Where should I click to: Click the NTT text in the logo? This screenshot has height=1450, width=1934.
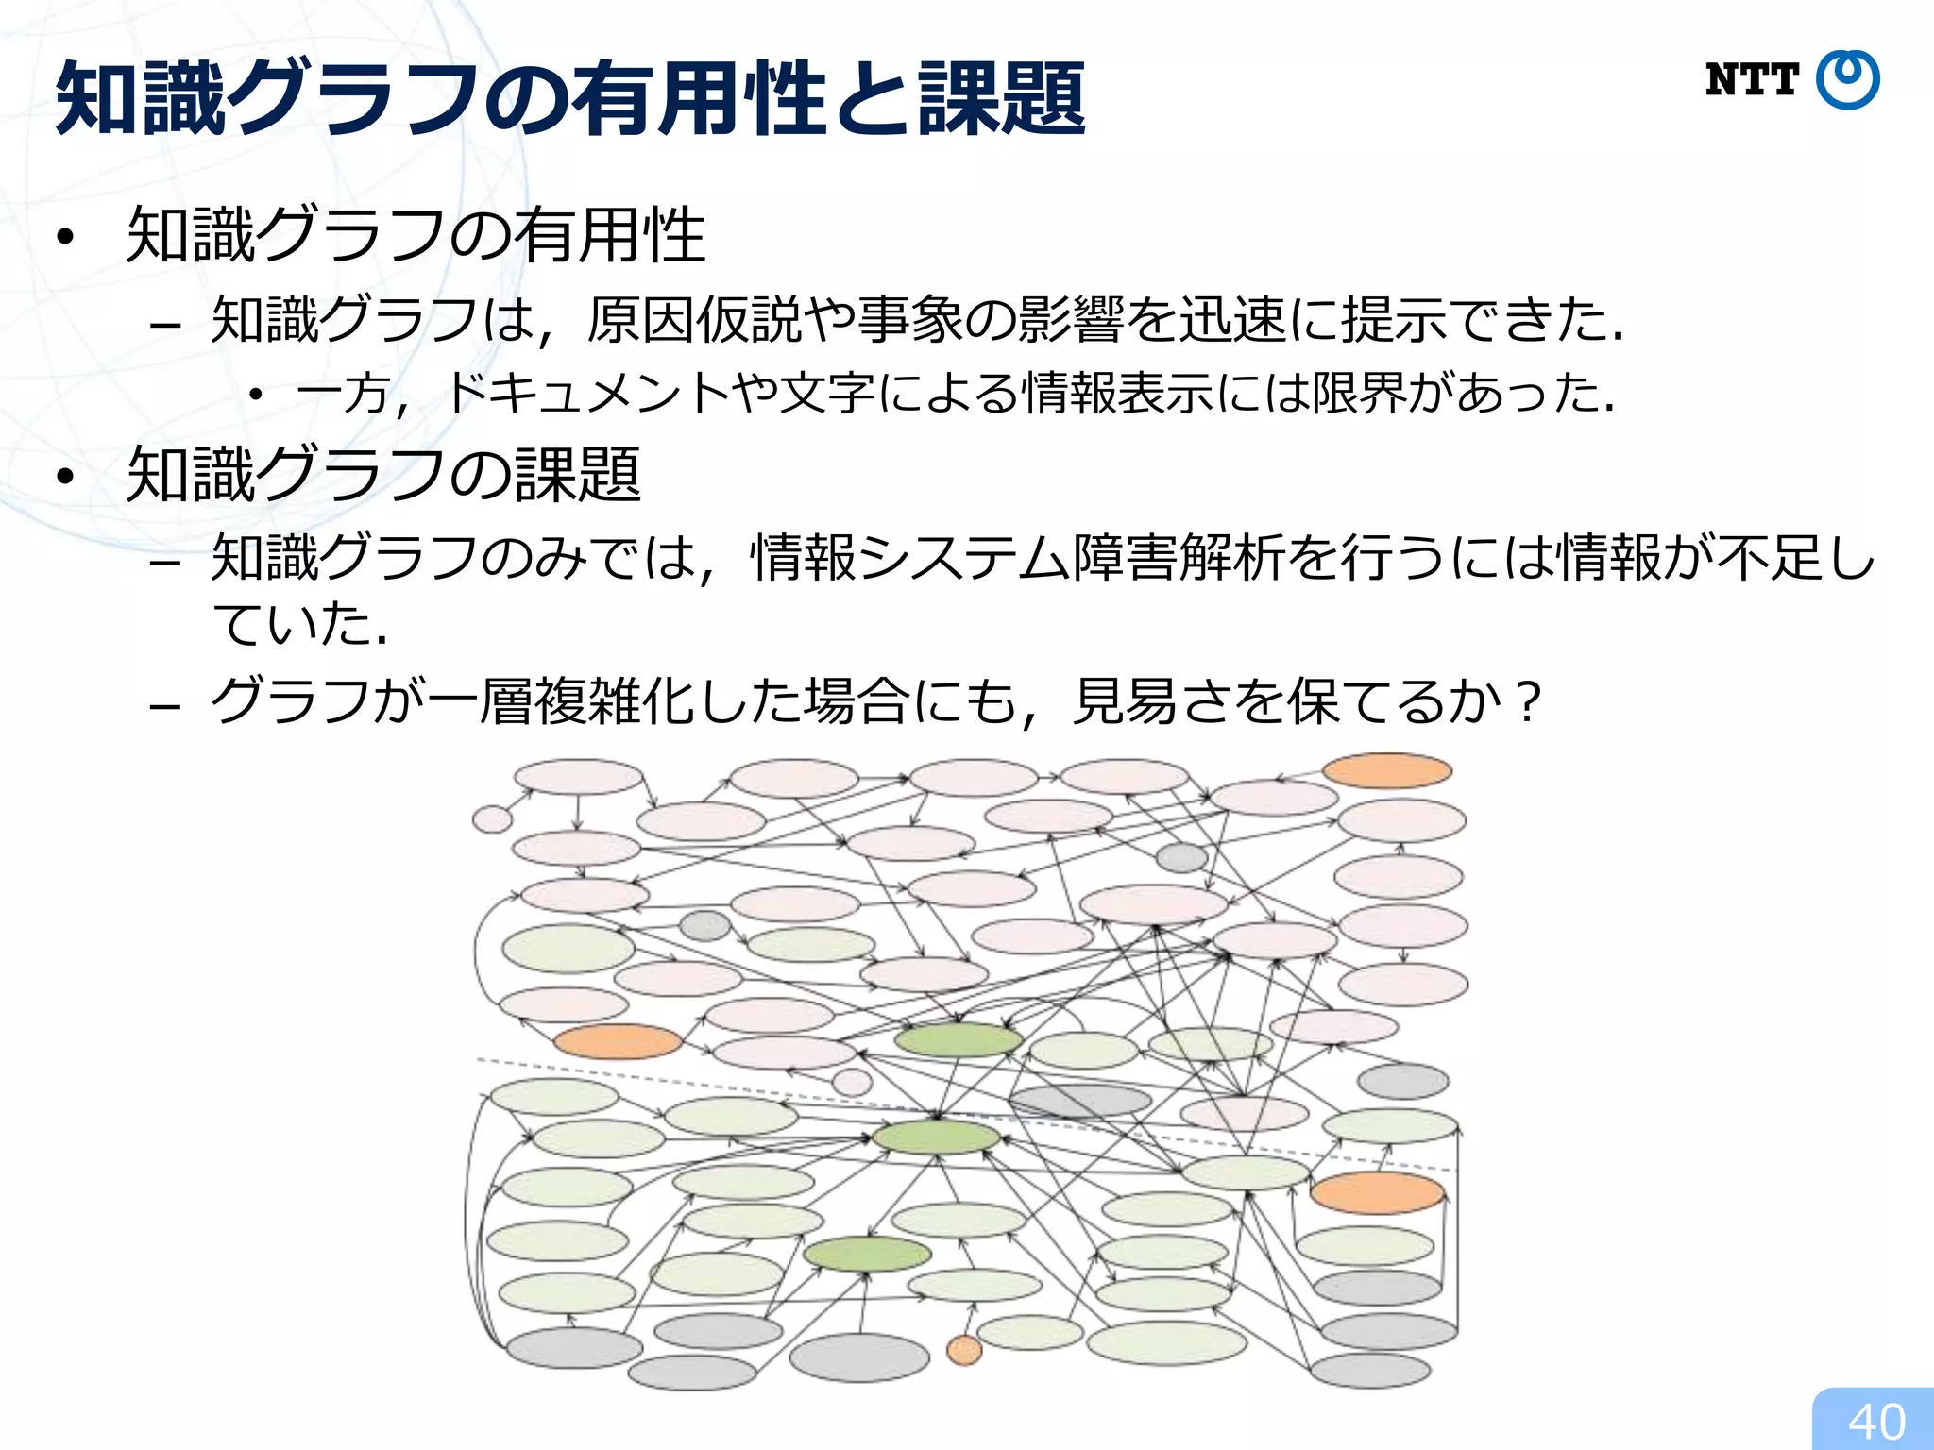point(1752,80)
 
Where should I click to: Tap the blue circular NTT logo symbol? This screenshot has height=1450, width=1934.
point(1848,80)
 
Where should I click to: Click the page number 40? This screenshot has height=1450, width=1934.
point(1876,1422)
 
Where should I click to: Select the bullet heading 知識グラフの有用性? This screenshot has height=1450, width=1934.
point(416,235)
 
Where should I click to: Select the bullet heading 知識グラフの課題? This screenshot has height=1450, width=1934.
point(383,474)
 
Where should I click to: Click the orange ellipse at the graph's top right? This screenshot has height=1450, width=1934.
point(1386,771)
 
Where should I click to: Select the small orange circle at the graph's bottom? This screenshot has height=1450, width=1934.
point(964,1351)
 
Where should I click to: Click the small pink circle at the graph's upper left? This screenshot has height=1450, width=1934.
point(492,818)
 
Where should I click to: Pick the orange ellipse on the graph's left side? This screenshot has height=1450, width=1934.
point(618,1042)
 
